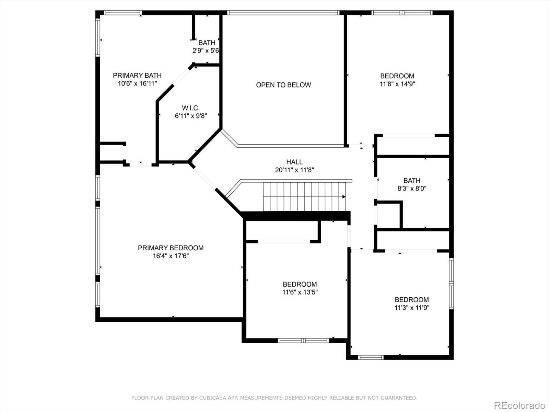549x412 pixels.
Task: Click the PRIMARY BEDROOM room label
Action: [x=171, y=248]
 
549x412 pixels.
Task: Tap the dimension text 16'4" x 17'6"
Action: [x=171, y=256]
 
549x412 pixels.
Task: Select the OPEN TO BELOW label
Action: [x=283, y=85]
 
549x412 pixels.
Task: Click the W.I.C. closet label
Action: [x=191, y=108]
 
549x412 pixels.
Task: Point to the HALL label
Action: [x=294, y=162]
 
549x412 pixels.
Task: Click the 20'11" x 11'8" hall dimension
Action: [x=294, y=170]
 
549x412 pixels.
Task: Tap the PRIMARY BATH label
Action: [x=137, y=75]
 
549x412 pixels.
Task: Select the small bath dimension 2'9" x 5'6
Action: [x=206, y=51]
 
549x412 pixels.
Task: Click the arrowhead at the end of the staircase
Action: [x=343, y=197]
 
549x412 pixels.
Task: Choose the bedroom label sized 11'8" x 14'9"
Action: [x=397, y=76]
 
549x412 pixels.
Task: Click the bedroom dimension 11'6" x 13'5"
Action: [x=300, y=293]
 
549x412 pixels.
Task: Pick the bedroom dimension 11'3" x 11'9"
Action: [x=412, y=308]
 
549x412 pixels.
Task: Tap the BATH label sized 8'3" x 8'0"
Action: [x=412, y=180]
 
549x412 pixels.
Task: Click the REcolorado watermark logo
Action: [x=519, y=405]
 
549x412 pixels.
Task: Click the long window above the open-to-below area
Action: [x=283, y=13]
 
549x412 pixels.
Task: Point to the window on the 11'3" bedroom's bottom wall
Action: [x=371, y=357]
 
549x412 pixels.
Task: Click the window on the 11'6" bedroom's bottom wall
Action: [x=303, y=341]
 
